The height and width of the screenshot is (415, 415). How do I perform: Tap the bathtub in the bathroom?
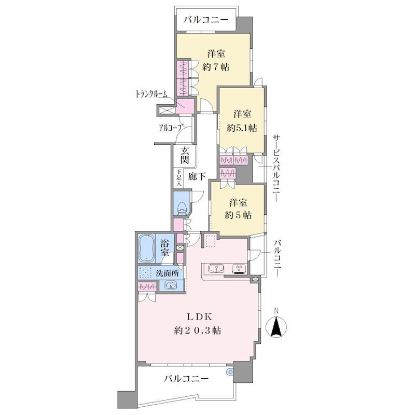tap(146, 248)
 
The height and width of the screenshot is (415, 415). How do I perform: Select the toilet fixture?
tap(182, 208)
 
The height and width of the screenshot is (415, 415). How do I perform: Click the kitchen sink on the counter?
tap(216, 269)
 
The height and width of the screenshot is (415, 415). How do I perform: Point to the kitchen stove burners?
tap(240, 269)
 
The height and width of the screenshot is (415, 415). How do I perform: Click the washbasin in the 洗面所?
tap(171, 285)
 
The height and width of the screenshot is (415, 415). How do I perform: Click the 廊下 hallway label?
tap(197, 176)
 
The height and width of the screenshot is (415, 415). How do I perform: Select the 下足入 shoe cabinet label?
tap(179, 177)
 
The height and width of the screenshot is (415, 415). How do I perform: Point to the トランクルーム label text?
tap(151, 94)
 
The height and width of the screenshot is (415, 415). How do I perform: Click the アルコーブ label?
tap(171, 128)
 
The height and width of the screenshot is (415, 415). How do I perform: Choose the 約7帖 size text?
tap(216, 67)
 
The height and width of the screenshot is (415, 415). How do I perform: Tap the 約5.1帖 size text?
tap(242, 128)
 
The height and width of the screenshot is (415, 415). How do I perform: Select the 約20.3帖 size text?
tap(198, 330)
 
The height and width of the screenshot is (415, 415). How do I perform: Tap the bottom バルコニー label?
tap(186, 379)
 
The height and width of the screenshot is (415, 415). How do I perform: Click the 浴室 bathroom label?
tap(164, 248)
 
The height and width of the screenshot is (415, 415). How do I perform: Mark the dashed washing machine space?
tap(145, 273)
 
